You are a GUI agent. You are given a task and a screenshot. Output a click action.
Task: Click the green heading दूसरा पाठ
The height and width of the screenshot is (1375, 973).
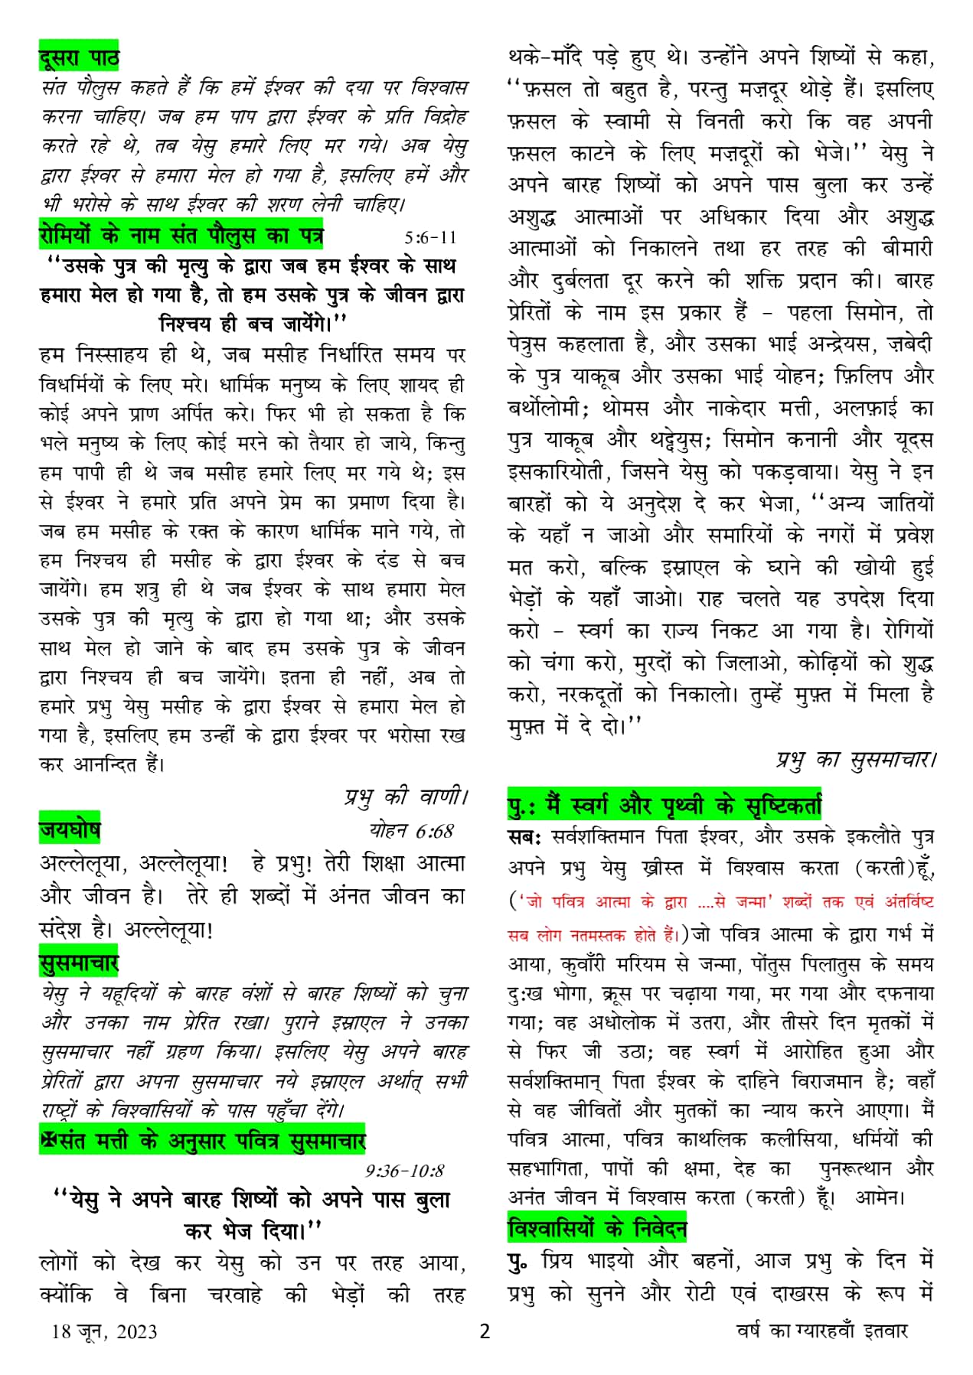click(79, 58)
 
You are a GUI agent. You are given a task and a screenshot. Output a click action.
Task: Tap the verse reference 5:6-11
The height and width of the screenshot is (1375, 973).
click(431, 237)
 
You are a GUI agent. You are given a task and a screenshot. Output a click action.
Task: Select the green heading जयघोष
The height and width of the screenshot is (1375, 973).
click(70, 830)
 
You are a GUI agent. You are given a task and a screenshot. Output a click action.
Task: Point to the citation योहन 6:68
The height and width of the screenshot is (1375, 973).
click(412, 831)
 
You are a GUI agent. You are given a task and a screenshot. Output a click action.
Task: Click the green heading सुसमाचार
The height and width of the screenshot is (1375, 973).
click(79, 963)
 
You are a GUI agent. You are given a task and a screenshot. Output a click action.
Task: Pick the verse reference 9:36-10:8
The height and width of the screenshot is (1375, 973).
click(405, 1171)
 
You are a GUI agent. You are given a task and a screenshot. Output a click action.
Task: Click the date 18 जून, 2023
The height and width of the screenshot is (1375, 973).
click(104, 1331)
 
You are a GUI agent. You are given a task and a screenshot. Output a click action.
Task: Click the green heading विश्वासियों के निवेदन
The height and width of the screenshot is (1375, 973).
click(597, 1230)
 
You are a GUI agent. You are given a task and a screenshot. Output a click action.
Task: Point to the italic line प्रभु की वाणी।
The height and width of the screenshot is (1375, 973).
click(405, 797)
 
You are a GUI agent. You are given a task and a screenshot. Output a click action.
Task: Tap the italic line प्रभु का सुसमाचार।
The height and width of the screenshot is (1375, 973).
click(856, 760)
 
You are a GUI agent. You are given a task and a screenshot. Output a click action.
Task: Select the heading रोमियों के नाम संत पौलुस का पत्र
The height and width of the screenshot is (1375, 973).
click(181, 236)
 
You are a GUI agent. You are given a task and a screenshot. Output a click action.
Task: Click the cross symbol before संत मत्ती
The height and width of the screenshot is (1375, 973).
click(49, 1141)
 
